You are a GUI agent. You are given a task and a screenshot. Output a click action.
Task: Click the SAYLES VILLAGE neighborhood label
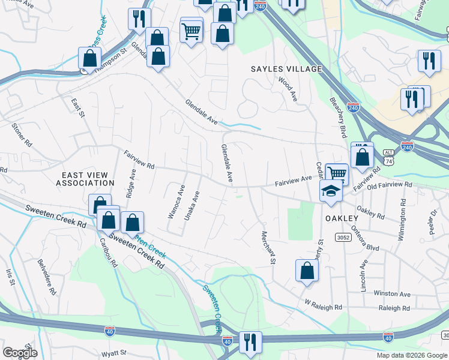[286, 69]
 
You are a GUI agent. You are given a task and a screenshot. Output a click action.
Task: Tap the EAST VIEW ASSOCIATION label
[88, 178]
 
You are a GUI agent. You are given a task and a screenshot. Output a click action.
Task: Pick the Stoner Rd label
[22, 135]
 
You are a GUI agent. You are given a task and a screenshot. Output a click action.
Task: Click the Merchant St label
[268, 247]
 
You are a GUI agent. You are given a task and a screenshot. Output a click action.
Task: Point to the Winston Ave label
[392, 294]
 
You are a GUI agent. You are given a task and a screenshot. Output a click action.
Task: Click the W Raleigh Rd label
[323, 305]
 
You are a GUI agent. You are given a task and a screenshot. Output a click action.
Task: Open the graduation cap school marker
[330, 190]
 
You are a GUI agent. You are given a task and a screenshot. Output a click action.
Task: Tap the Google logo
[20, 352]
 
